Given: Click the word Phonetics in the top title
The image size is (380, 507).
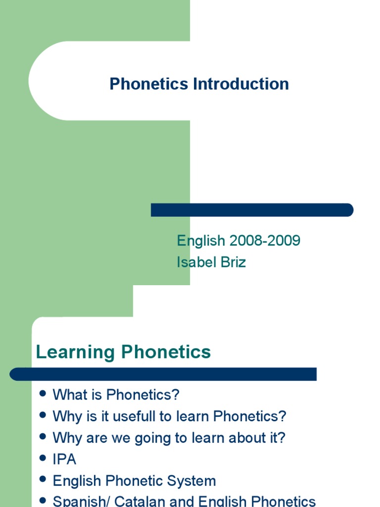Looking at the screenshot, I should [149, 84].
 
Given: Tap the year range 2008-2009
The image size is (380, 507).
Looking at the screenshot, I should [264, 241].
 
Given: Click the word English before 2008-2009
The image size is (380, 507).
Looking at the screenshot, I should [200, 241].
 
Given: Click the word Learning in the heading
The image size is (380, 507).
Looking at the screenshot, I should [75, 353].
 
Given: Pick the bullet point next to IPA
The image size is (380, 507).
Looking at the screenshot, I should [43, 458].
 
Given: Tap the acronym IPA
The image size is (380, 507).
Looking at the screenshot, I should [64, 459].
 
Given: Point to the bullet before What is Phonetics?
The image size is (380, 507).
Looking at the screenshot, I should [43, 394].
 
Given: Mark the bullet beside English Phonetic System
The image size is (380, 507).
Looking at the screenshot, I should [43, 479].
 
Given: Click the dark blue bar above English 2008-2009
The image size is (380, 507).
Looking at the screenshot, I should [252, 210].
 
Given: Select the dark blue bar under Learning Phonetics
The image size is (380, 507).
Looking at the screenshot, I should [163, 374].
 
